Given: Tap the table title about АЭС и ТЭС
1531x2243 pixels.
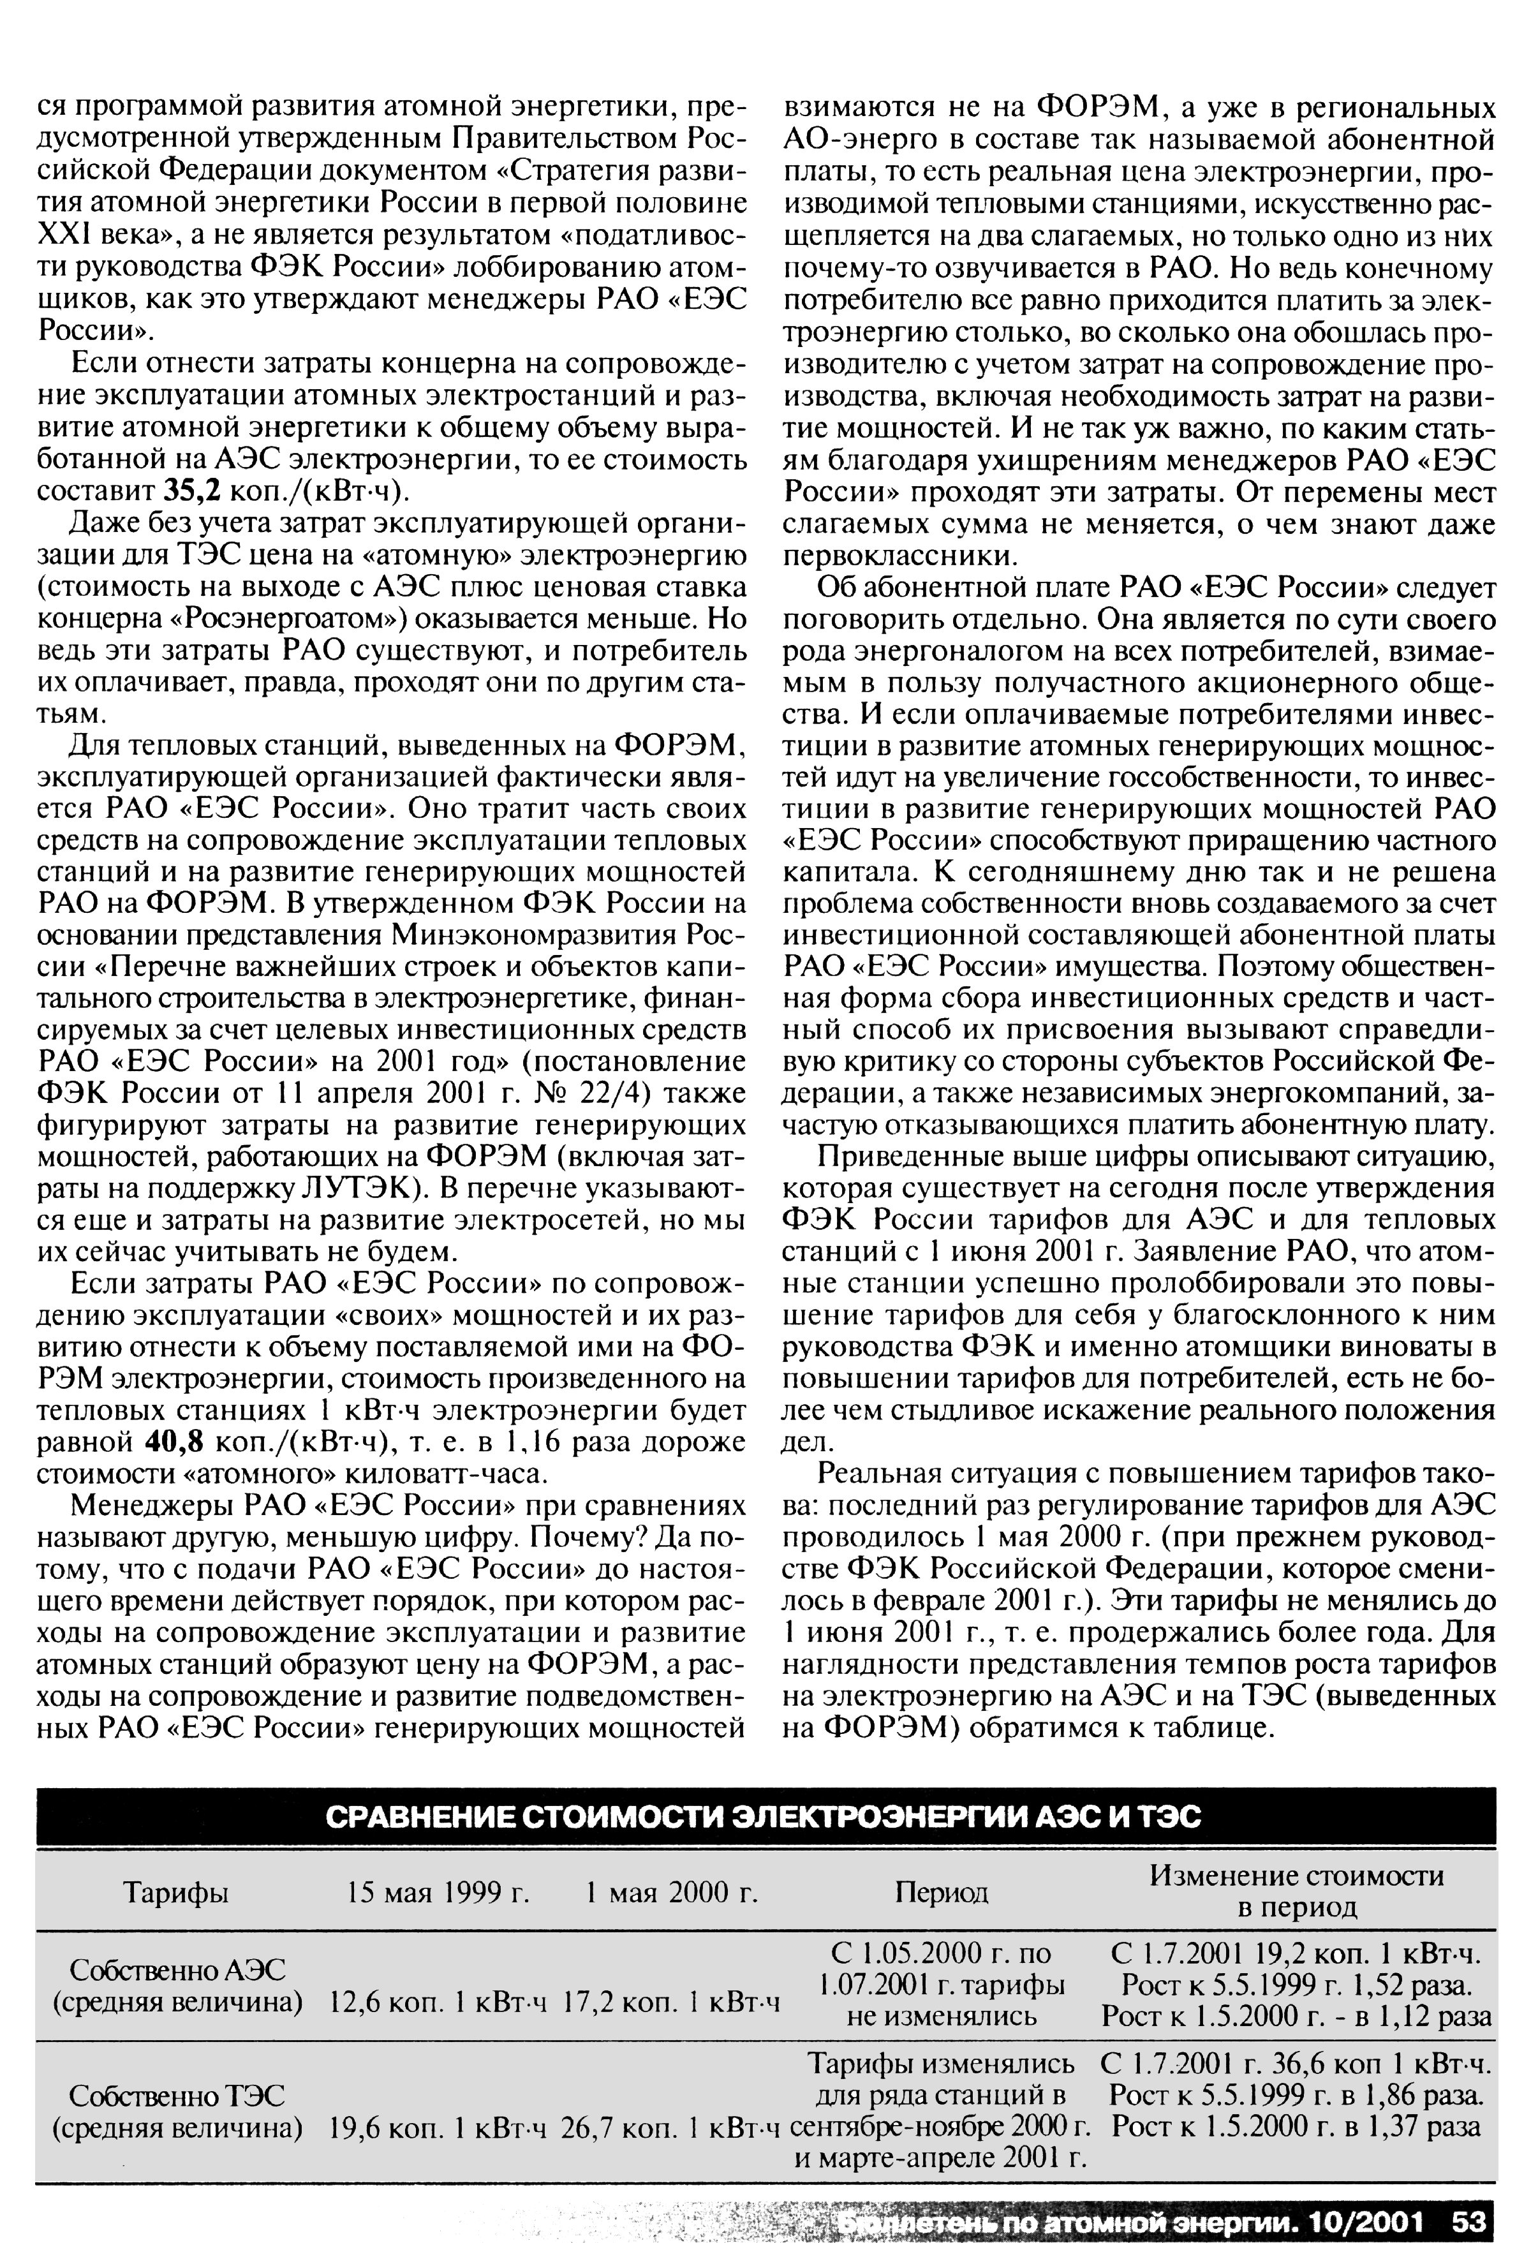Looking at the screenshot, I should [x=764, y=1817].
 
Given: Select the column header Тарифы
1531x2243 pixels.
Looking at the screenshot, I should [x=177, y=1893].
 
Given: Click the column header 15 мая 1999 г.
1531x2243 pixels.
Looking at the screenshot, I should [x=440, y=1893].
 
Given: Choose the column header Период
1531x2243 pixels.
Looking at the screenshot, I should [x=941, y=1893].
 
